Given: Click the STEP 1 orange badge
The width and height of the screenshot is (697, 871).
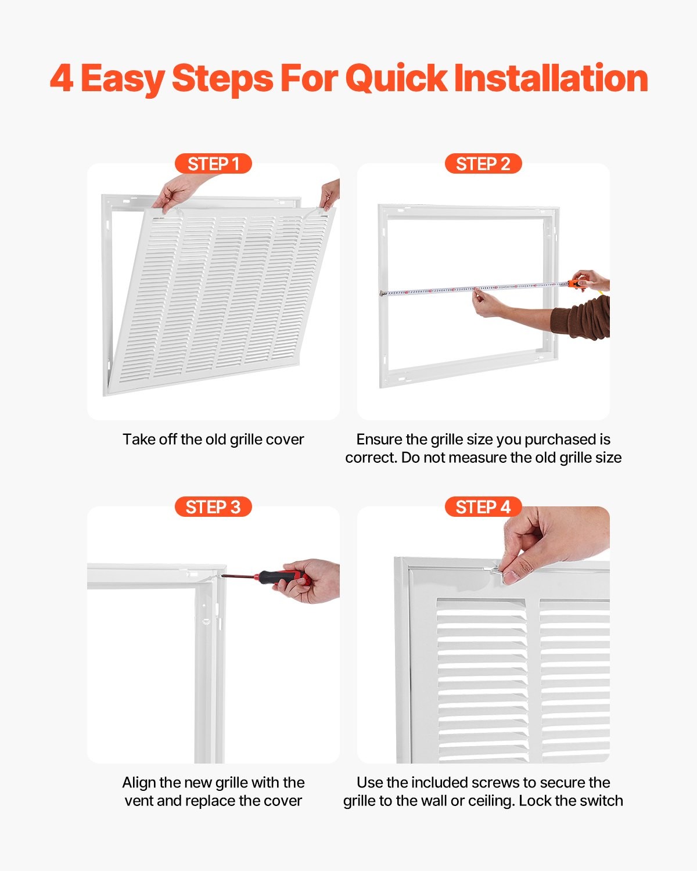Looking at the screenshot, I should point(213,164).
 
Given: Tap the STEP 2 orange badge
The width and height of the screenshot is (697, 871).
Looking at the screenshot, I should point(483,164).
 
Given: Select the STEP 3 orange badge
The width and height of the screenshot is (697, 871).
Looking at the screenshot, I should point(213,507).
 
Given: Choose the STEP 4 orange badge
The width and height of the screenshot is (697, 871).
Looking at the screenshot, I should point(483,507).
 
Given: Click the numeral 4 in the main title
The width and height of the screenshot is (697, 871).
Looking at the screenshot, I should point(62,78).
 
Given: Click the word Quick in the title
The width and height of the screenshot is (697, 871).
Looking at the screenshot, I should point(396,78).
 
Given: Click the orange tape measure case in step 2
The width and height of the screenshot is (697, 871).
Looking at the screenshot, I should point(576,284).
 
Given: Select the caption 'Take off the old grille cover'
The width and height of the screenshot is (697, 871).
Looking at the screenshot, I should point(213,440).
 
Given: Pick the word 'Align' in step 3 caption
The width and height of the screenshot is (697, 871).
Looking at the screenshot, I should point(138,783).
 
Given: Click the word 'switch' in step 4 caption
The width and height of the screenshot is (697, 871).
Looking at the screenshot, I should point(603,801).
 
